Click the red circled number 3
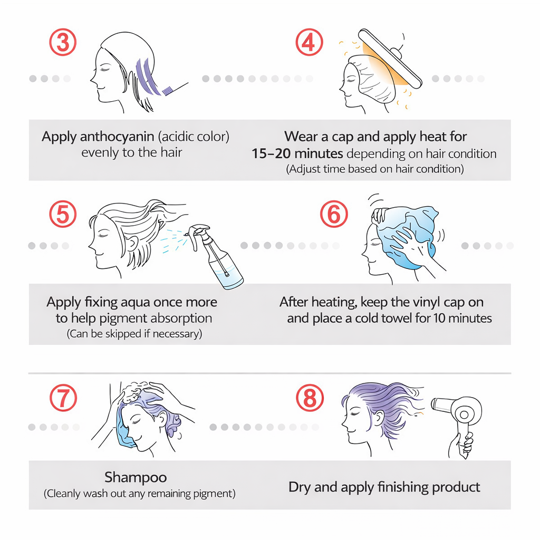[63, 42]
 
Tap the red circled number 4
[309, 42]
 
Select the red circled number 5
[63, 214]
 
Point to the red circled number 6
[334, 214]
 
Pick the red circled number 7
[63, 398]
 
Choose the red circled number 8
[310, 398]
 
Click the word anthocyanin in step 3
[117, 137]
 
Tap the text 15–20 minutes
[297, 153]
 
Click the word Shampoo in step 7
[136, 477]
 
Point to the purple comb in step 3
[167, 91]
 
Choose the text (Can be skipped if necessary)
[134, 334]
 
